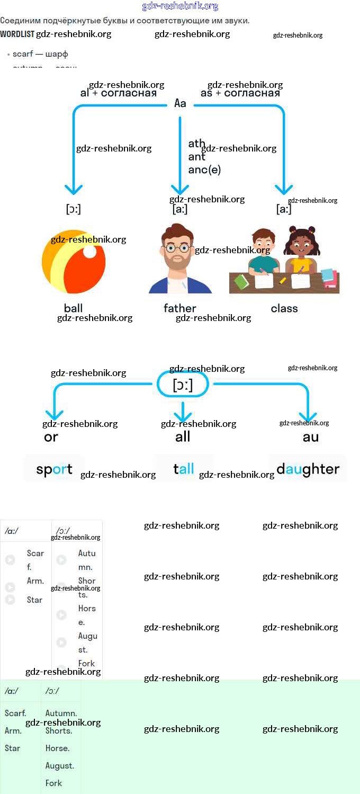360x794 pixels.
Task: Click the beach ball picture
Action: coord(74,261)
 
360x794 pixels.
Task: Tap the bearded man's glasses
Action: coord(177,247)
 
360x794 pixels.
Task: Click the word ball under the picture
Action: coord(73,308)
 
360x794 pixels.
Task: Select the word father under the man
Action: coord(180,308)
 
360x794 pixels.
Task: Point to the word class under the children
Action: coord(284,308)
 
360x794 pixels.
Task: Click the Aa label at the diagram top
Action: coord(181,103)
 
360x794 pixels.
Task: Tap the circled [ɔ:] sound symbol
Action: coord(183,385)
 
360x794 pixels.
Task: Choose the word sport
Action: coord(54,469)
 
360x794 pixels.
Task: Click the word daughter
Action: coord(308,469)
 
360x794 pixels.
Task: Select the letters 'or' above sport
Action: coord(51,437)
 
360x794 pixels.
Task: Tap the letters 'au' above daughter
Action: coord(311,437)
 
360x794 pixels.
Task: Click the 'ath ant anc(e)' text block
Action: coord(204,157)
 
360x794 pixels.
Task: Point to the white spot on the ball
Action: coord(90,252)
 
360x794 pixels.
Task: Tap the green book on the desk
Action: coord(241,281)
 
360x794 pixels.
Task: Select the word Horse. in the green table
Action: coord(57,748)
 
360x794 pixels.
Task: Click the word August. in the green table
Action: coord(59,765)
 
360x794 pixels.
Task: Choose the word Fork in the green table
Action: coord(53,783)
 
